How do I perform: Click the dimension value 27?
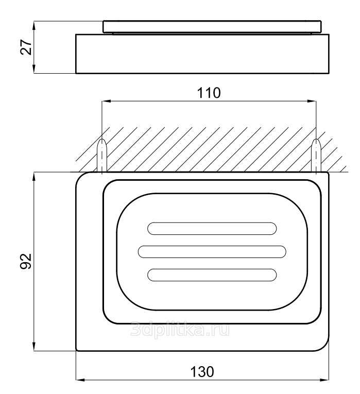pos(26,47)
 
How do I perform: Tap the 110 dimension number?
pos(209,93)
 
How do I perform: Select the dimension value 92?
pos(26,261)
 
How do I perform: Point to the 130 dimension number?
pos(202,372)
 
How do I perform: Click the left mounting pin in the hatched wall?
pos(102,156)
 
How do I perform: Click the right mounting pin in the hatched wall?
pos(316,156)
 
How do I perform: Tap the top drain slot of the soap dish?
pos(212,228)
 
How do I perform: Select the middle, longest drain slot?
pos(212,251)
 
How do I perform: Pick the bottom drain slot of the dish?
pos(212,275)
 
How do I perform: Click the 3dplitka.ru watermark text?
pos(180,329)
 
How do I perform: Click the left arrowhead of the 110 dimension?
pos(106,101)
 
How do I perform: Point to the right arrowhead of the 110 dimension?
pos(312,101)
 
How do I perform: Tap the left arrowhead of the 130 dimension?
pos(80,380)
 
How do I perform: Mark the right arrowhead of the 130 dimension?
pos(324,380)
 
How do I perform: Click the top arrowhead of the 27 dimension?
pos(34,25)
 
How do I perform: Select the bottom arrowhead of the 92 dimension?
pos(34,346)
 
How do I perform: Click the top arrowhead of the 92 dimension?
pos(34,177)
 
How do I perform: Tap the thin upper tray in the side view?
pos(212,27)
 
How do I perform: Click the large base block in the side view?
pos(202,54)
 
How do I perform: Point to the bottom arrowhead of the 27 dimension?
pos(34,68)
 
